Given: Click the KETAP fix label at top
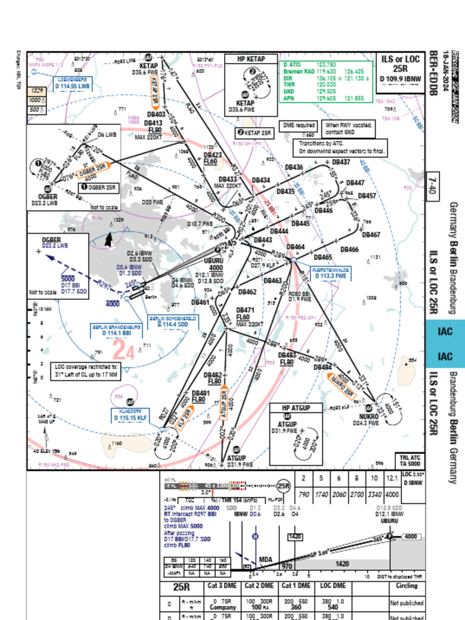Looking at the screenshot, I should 149,65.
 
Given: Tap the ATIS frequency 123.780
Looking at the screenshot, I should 327,64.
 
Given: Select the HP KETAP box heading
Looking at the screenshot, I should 250,59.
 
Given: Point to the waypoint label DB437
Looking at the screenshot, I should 341,162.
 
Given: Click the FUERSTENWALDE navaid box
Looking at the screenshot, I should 331,272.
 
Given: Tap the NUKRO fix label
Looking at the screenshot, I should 369,417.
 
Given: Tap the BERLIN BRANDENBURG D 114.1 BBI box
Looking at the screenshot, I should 117,330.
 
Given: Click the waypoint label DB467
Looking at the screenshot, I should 371,235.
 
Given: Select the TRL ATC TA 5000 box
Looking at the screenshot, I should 409,461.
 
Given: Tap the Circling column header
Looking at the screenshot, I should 406,586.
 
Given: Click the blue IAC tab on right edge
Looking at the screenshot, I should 445,344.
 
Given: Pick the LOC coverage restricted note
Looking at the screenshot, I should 87,371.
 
